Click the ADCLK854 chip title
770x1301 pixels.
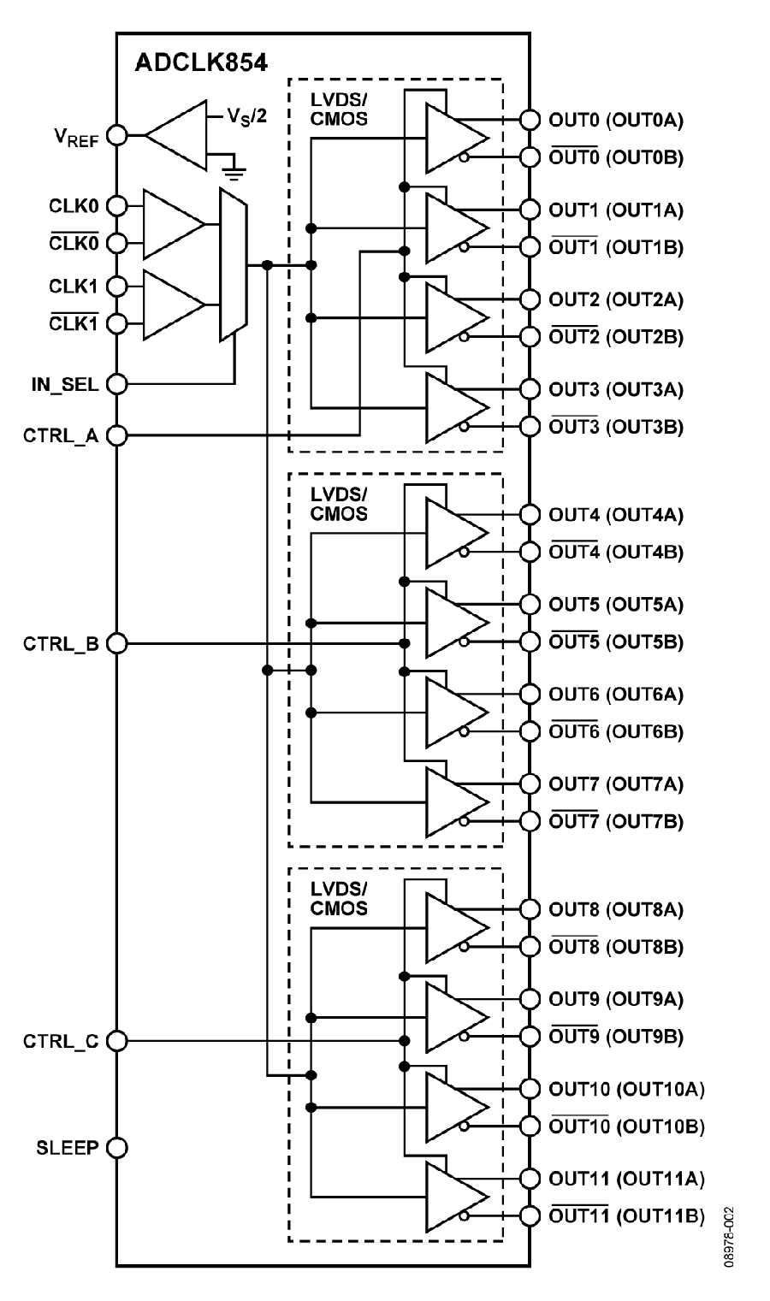tap(201, 62)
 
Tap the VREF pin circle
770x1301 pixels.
tap(117, 135)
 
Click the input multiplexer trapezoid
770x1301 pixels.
tap(233, 264)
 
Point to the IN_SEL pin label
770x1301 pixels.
tap(65, 385)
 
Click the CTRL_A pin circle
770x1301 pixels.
tap(117, 435)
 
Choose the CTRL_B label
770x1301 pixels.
tap(61, 644)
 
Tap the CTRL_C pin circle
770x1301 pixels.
tap(117, 1041)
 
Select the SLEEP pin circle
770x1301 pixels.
tap(117, 1148)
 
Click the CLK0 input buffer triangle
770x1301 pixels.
tap(174, 224)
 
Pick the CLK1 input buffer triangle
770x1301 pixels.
tap(174, 305)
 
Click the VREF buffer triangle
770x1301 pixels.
tap(176, 135)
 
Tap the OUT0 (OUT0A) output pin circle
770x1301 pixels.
tap(530, 120)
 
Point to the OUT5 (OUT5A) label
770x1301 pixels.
tap(616, 605)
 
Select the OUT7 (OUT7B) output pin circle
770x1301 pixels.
tap(530, 820)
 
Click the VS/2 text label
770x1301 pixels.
tap(246, 116)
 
